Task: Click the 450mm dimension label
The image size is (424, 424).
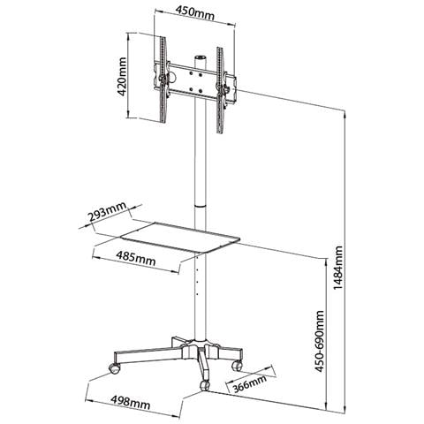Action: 195,13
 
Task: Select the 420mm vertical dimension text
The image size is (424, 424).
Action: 122,77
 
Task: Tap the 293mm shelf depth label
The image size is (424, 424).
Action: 107,212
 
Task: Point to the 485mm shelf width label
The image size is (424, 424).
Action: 135,258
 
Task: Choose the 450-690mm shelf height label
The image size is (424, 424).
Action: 319,341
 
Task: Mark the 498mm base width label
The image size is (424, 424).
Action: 131,402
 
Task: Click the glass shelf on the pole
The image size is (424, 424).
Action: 180,237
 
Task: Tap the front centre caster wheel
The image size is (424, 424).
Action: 204,385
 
